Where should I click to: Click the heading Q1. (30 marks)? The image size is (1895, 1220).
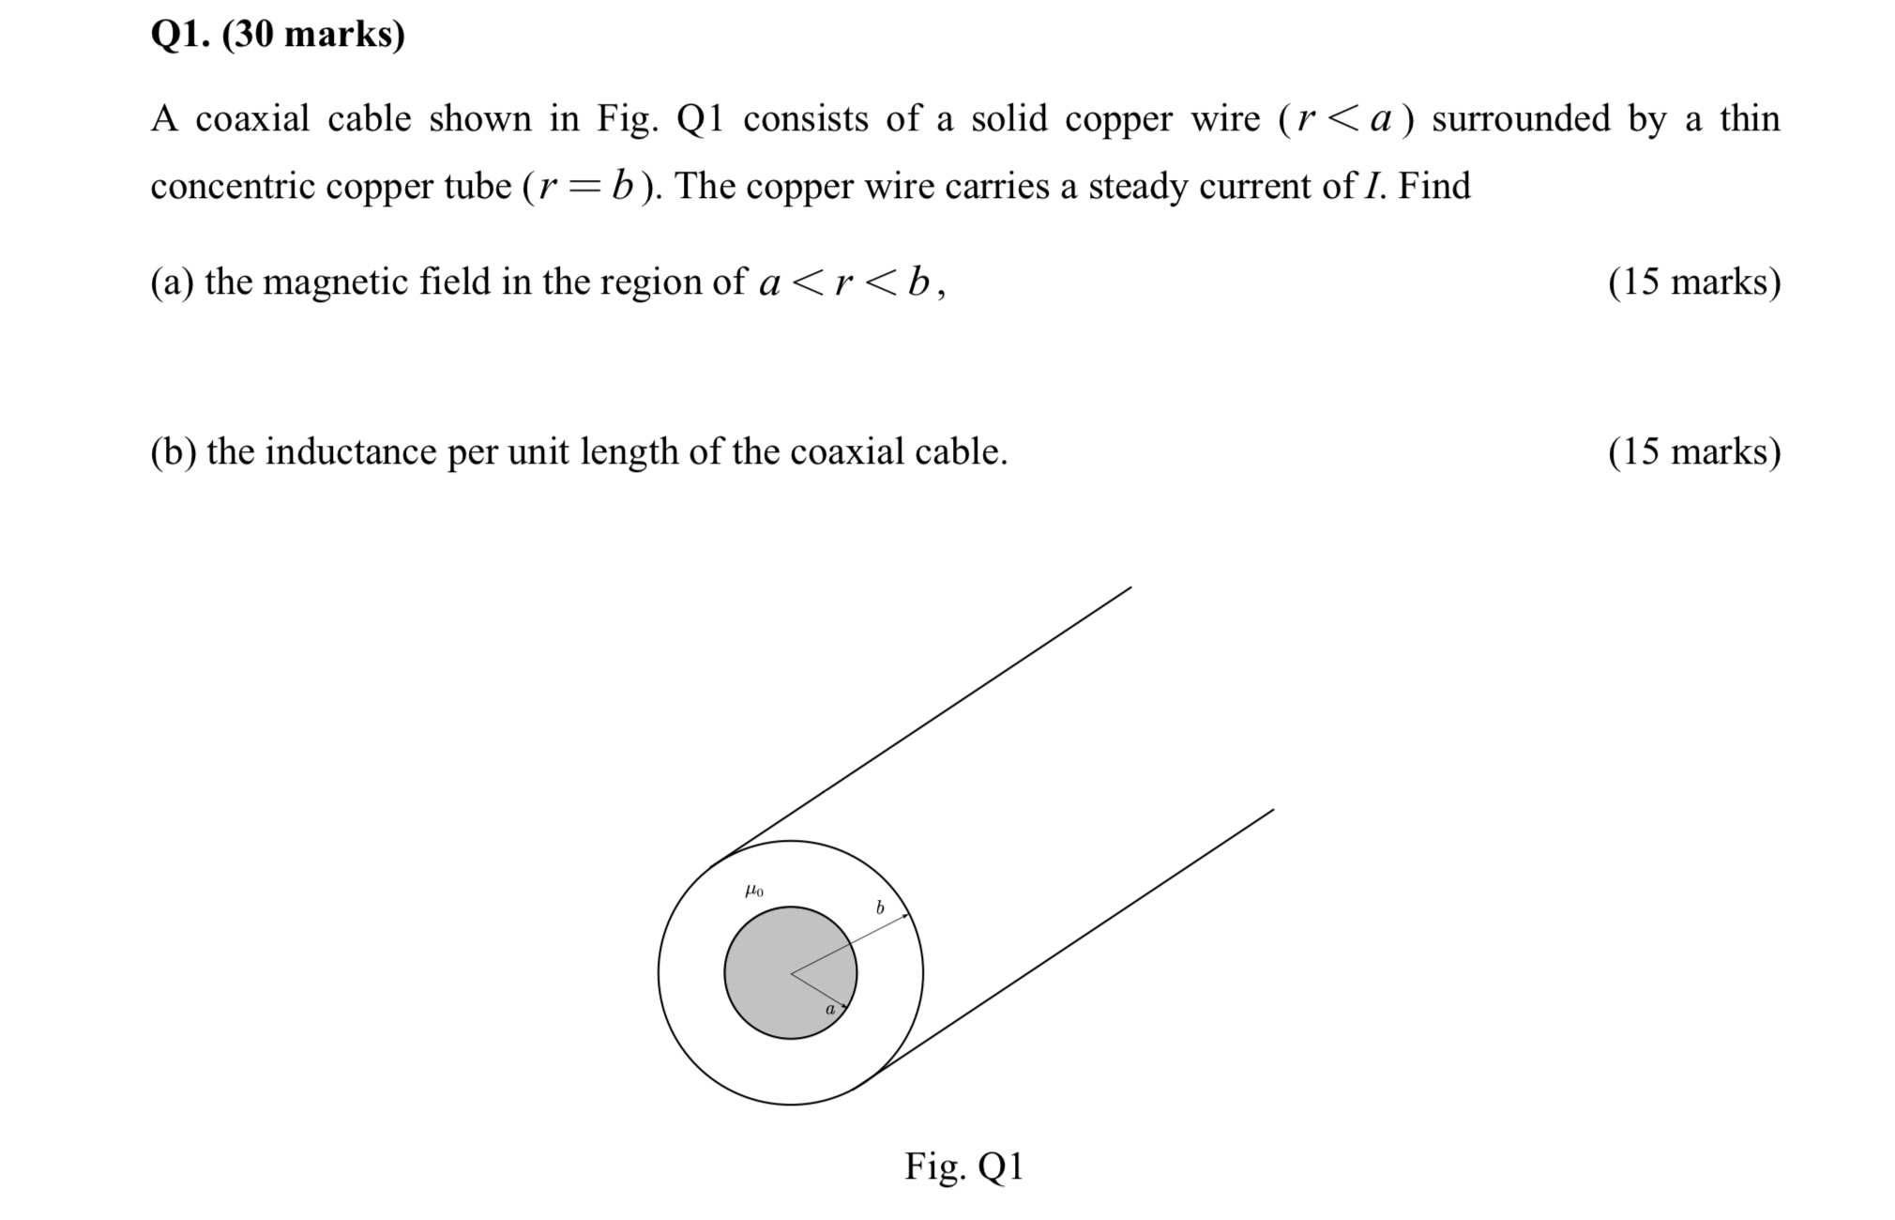pyautogui.click(x=278, y=35)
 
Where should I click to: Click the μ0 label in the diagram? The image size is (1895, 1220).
pyautogui.click(x=753, y=891)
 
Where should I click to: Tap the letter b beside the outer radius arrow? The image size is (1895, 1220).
pyautogui.click(x=880, y=907)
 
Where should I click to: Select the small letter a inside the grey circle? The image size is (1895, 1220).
pyautogui.click(x=829, y=1010)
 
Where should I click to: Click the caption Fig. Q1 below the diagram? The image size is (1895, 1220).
pyautogui.click(x=963, y=1167)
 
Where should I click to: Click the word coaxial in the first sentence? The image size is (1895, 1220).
pyautogui.click(x=252, y=119)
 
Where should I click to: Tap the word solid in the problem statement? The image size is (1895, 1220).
pyautogui.click(x=1008, y=119)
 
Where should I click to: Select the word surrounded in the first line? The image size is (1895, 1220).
pyautogui.click(x=1521, y=119)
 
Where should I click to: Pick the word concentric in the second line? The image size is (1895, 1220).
pyautogui.click(x=232, y=187)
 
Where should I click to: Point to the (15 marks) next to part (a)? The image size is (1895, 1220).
pyautogui.click(x=1694, y=282)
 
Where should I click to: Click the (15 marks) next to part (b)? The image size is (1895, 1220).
pyautogui.click(x=1694, y=451)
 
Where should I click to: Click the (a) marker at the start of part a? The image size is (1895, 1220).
pyautogui.click(x=172, y=282)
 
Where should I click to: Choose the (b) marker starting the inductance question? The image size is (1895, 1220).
pyautogui.click(x=173, y=451)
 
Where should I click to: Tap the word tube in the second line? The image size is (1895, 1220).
pyautogui.click(x=478, y=187)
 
